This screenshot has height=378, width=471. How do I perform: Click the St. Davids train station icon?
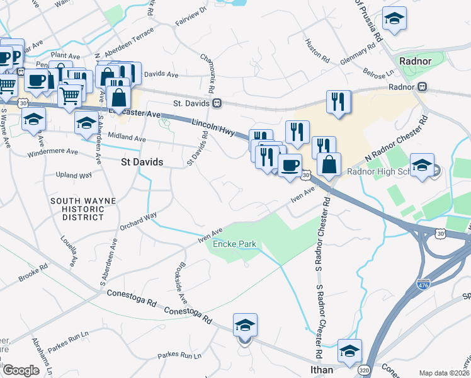pyautogui.click(x=217, y=103)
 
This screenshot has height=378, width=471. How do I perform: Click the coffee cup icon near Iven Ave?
pyautogui.click(x=290, y=166)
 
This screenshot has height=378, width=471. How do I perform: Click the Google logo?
pyautogui.click(x=21, y=370)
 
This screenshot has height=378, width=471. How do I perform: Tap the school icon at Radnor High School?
pyautogui.click(x=422, y=165)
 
